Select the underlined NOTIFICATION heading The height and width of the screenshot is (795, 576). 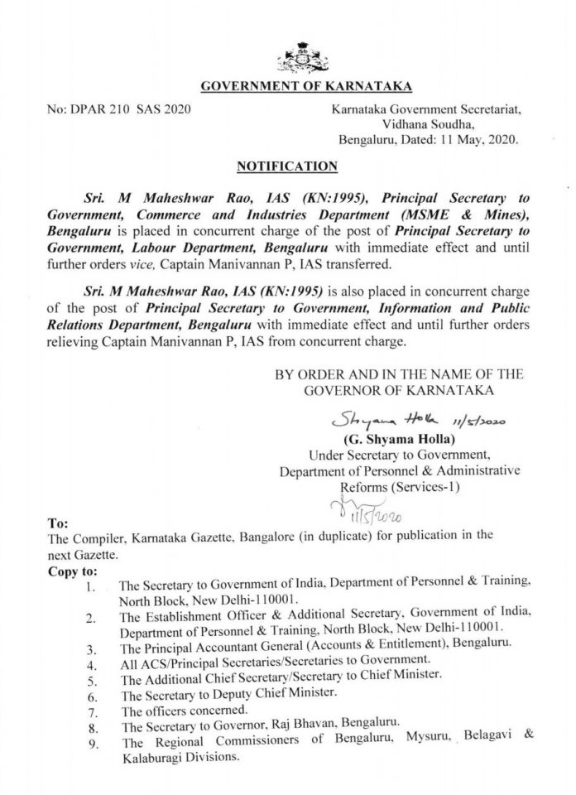click(287, 166)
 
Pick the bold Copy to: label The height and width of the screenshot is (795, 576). click(74, 571)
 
